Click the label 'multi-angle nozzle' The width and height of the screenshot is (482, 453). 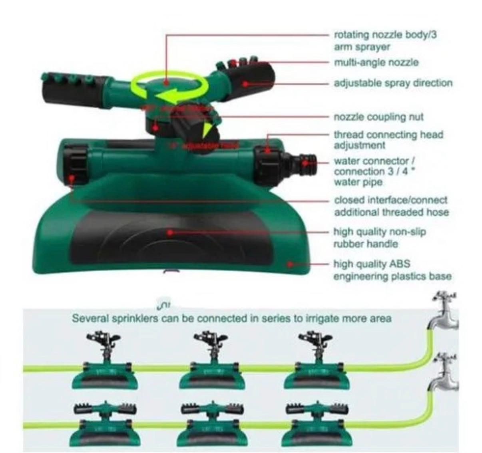(376, 63)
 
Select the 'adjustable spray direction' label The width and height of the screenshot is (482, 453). (393, 83)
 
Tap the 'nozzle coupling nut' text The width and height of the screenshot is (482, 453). (378, 117)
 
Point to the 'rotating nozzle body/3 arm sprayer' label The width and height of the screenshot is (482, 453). (385, 41)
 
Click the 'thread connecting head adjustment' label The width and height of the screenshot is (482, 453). (388, 140)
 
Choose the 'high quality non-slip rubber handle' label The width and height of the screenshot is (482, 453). (379, 238)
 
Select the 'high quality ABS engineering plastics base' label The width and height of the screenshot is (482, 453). (392, 270)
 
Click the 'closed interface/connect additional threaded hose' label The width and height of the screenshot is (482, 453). (391, 206)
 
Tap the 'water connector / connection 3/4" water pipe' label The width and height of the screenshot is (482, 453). (376, 171)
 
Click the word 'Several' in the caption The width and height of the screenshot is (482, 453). (90, 319)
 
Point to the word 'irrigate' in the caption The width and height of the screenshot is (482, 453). (321, 319)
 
